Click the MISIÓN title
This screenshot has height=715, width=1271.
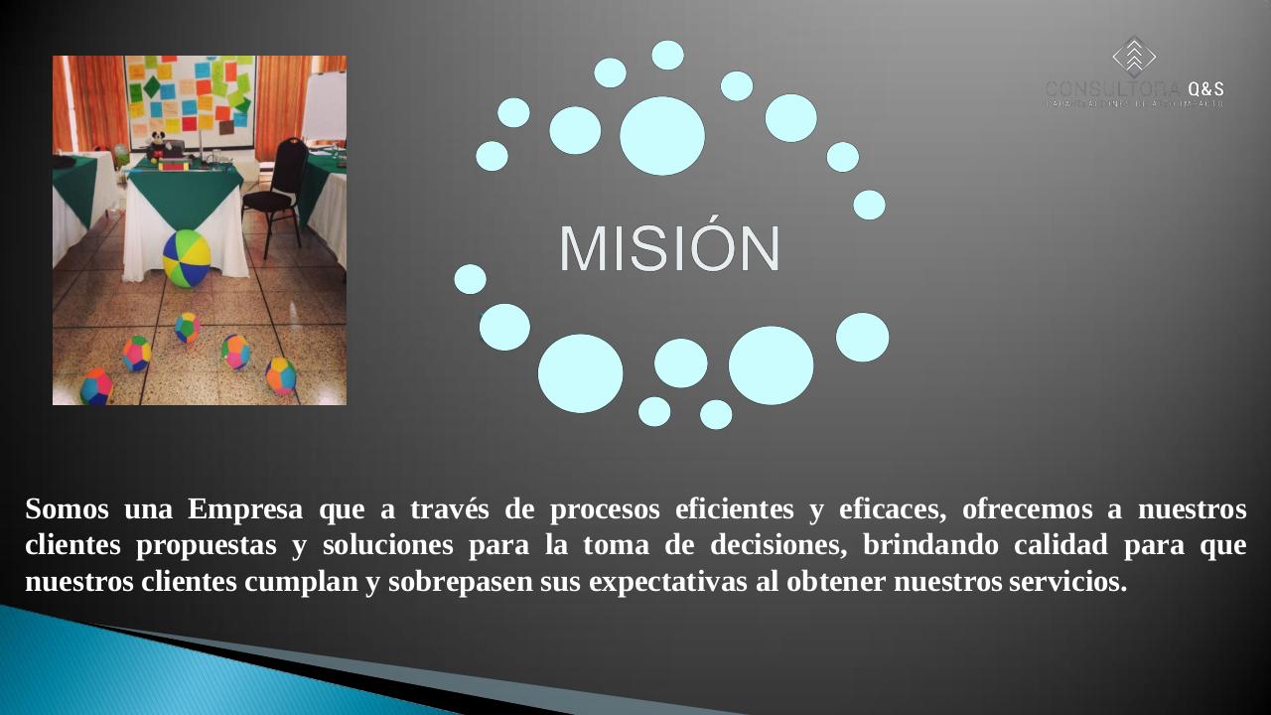(x=669, y=248)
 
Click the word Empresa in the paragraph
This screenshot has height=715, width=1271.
(x=245, y=509)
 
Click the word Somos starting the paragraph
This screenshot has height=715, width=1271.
(x=67, y=509)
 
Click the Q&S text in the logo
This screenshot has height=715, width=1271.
(x=1205, y=88)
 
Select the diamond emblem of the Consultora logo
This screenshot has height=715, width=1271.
(x=1134, y=57)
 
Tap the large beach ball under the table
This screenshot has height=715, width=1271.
(x=187, y=258)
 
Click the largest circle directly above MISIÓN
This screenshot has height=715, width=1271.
(x=662, y=136)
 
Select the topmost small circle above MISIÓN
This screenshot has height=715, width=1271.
(x=667, y=55)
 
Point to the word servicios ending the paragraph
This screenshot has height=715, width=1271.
(x=1067, y=581)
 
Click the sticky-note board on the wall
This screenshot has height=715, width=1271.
(x=191, y=94)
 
